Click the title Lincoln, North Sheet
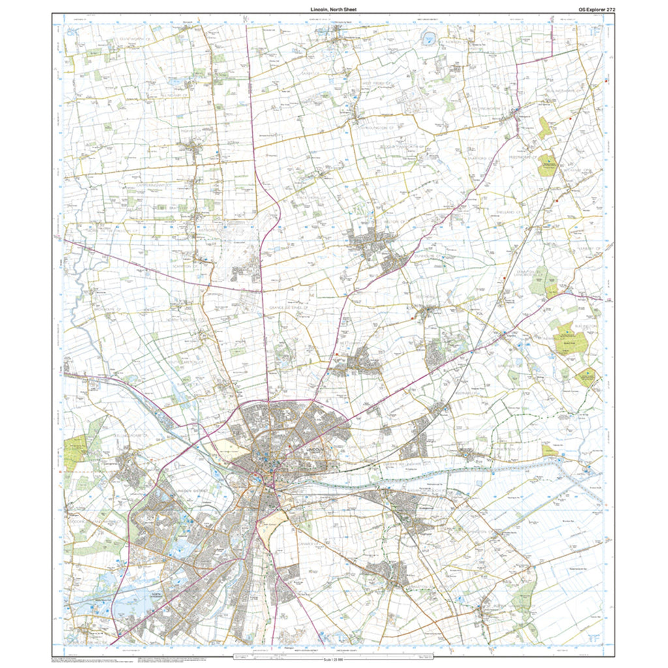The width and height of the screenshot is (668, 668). click(334, 10)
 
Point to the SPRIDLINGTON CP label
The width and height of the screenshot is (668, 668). click(378, 120)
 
